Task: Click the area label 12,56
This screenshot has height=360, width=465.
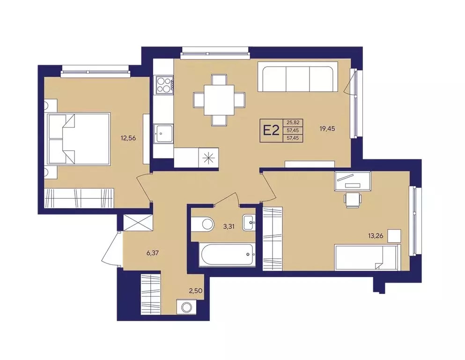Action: point(128,138)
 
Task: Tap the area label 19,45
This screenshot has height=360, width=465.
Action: point(327,128)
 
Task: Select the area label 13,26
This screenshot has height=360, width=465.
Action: point(376,236)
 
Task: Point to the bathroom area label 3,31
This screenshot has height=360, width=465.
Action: point(229,227)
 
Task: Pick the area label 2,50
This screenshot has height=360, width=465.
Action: point(196,291)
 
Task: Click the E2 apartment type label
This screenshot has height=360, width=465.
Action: point(271,130)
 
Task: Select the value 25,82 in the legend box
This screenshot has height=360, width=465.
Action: point(293,122)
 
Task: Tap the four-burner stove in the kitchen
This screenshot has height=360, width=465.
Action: point(163,85)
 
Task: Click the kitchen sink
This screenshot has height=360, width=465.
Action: point(163,134)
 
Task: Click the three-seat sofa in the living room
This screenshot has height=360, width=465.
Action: point(298,77)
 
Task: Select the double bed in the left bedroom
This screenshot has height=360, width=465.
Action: point(79,138)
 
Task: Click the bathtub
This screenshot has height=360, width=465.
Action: point(227,255)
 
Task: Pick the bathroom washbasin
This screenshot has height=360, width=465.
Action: point(249,222)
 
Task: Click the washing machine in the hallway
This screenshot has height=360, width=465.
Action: point(186,307)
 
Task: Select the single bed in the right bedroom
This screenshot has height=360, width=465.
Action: point(368,257)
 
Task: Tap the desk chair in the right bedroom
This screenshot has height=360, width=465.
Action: point(353,199)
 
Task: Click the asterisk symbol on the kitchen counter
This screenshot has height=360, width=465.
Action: point(208,157)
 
